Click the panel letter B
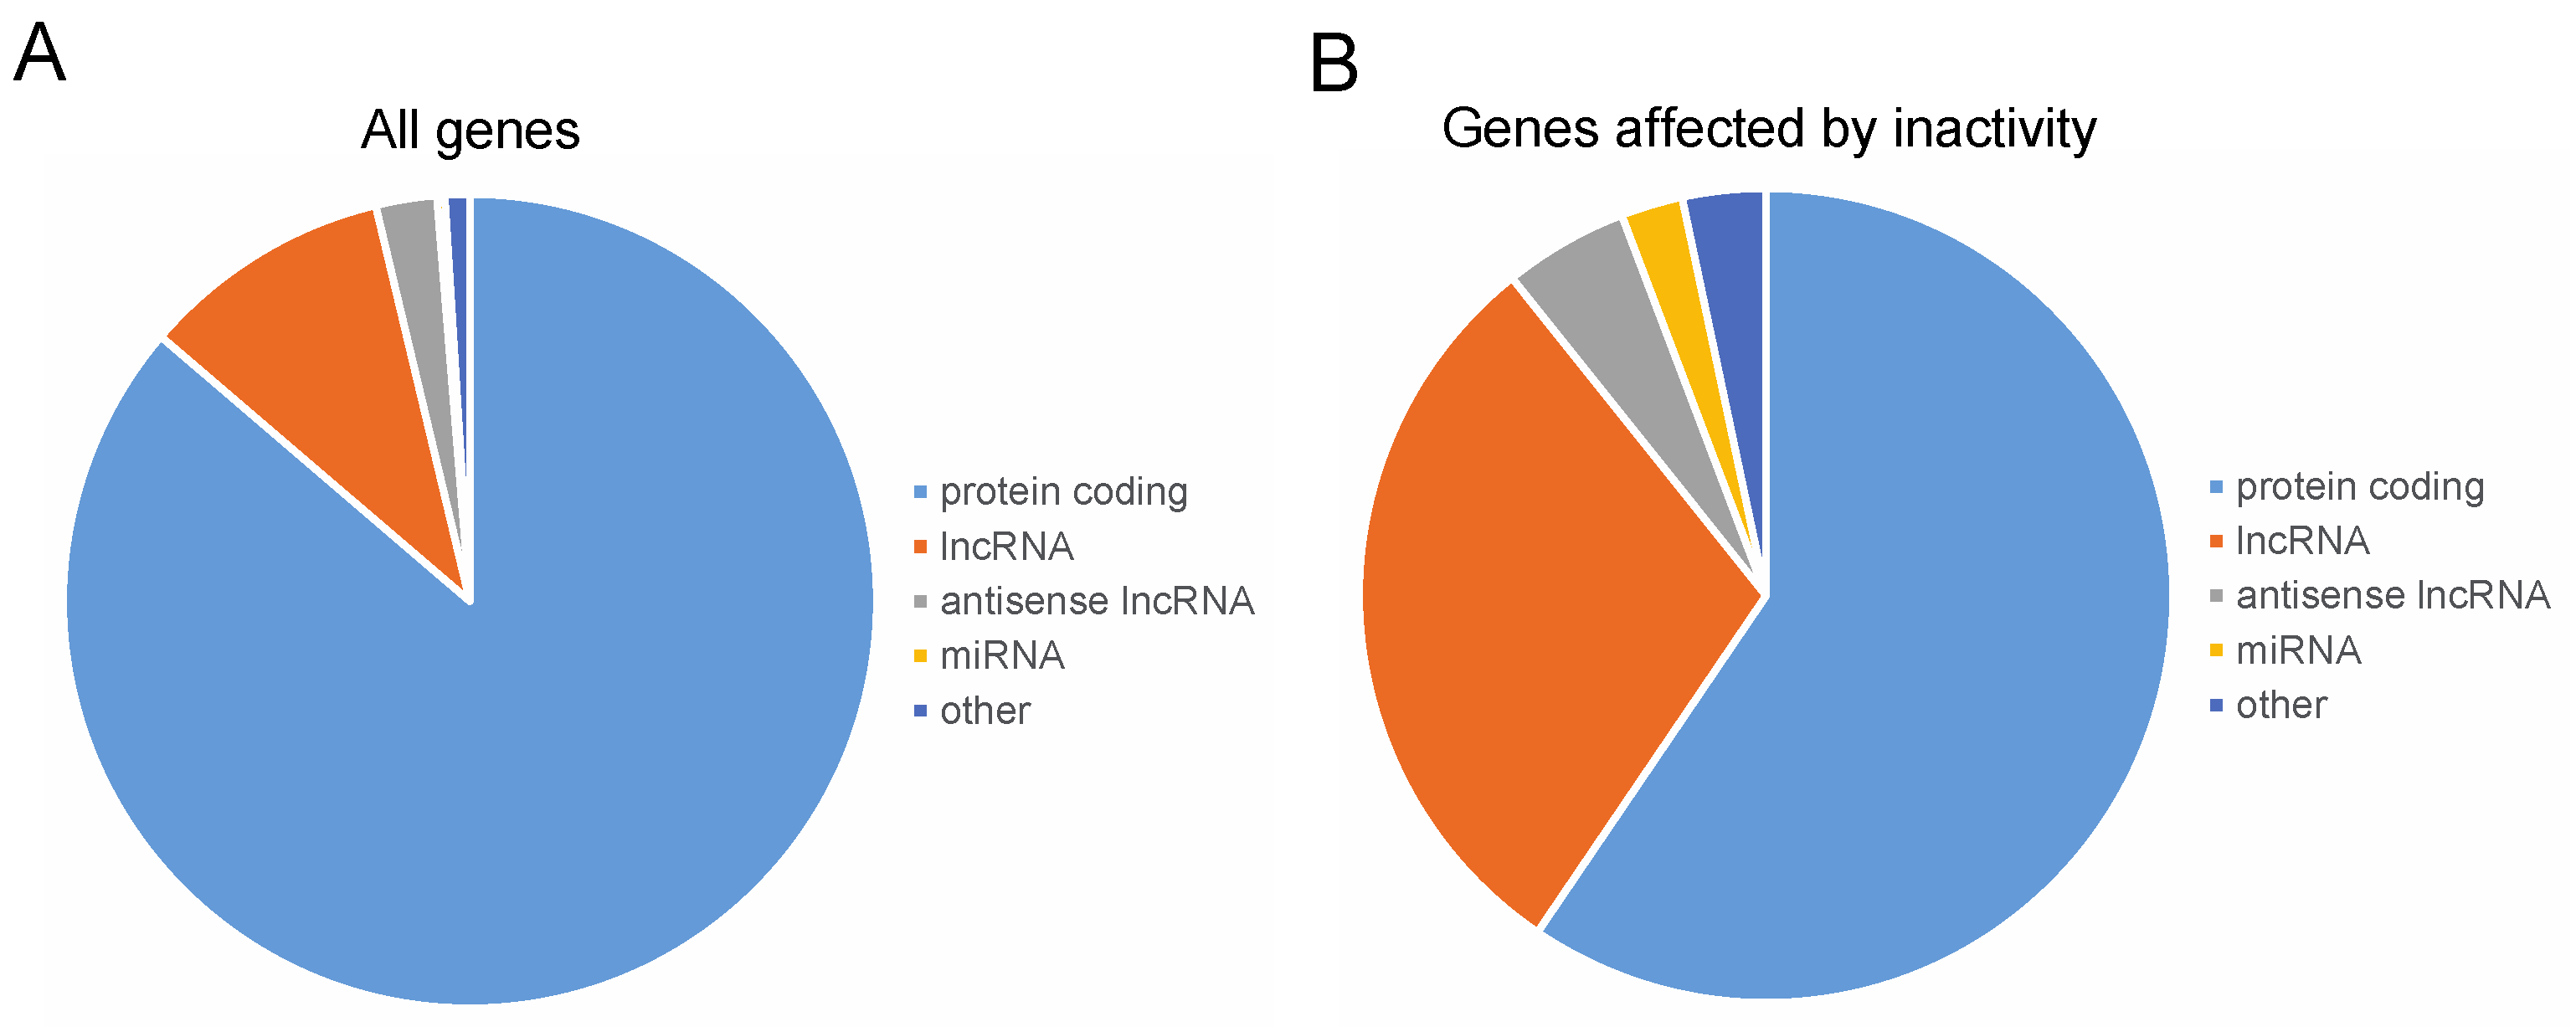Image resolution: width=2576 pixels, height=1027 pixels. (x=1333, y=63)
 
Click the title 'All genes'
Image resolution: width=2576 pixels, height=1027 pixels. (x=470, y=130)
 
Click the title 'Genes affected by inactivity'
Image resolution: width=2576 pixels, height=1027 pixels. (x=1768, y=129)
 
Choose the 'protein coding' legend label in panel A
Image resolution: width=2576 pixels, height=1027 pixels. (x=1063, y=492)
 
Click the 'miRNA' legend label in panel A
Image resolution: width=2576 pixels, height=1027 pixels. (x=1002, y=656)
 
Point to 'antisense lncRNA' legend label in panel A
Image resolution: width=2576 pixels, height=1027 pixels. (x=1096, y=601)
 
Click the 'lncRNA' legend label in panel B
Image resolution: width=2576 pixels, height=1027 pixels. (x=2302, y=541)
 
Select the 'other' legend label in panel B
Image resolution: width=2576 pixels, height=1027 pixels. (x=2281, y=705)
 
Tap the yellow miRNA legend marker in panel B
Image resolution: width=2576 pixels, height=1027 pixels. (x=2216, y=651)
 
